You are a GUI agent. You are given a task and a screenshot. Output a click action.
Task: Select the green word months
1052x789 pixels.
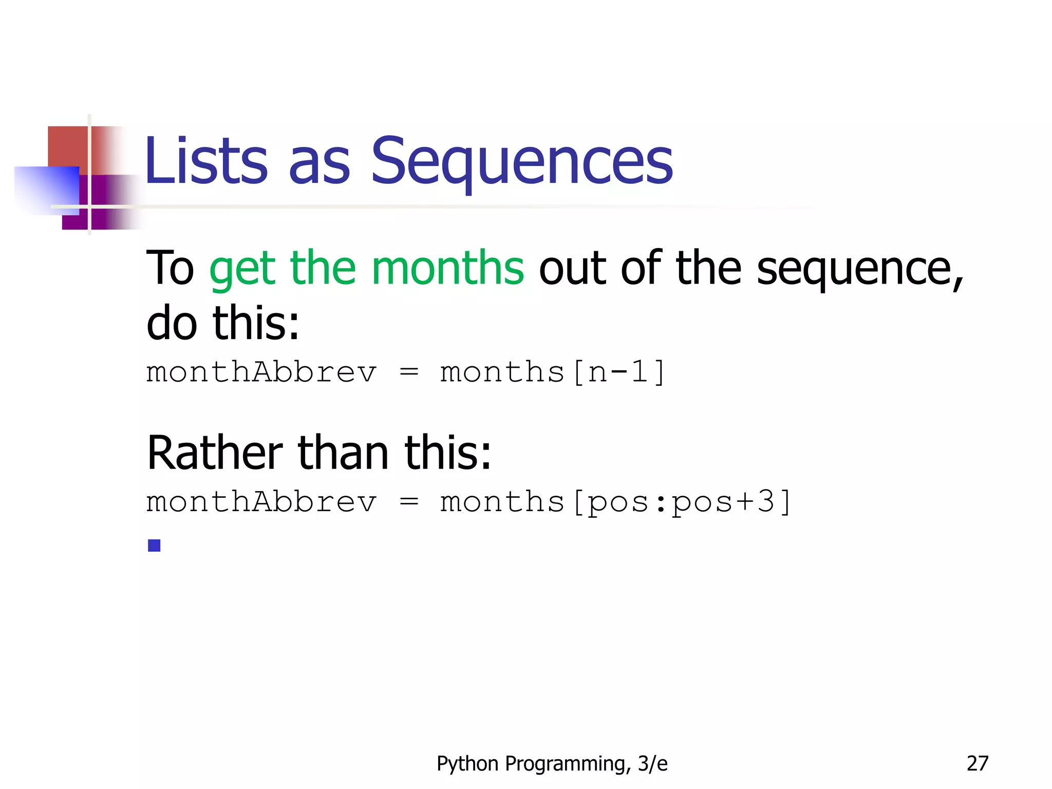click(x=447, y=268)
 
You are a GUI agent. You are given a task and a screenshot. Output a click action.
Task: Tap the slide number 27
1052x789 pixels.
click(x=977, y=764)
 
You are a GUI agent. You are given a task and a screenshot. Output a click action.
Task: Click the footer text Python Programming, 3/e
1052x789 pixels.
click(x=552, y=764)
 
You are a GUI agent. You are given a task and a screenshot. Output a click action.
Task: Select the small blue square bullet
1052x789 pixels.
click(x=154, y=545)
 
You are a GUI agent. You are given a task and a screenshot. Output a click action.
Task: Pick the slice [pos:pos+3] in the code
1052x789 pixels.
click(x=681, y=502)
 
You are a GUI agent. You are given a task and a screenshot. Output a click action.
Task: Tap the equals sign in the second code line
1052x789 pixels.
click(x=409, y=502)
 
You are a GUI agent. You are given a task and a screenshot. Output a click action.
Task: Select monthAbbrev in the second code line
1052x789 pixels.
click(x=261, y=502)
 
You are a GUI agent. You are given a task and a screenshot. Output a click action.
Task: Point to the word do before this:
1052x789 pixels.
click(x=172, y=324)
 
